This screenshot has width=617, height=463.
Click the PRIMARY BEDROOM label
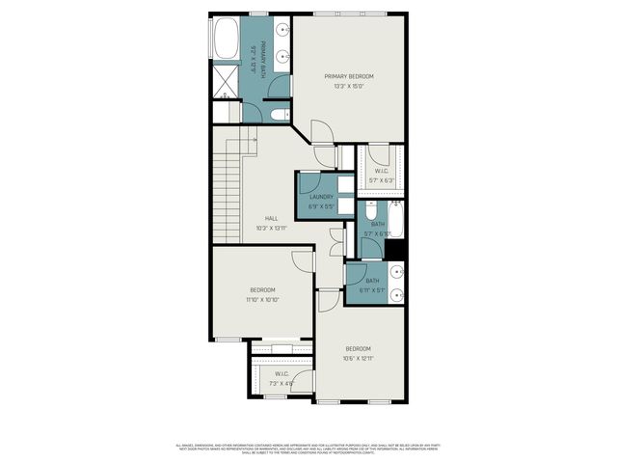[348, 76]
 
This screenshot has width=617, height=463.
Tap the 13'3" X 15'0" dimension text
[348, 86]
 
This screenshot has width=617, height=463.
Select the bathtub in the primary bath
[226, 41]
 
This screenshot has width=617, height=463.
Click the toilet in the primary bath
[279, 115]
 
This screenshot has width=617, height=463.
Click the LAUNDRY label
[321, 197]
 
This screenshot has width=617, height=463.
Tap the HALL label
[271, 218]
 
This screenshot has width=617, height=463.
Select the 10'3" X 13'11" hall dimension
[271, 228]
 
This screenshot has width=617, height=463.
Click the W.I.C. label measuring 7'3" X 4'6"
[282, 373]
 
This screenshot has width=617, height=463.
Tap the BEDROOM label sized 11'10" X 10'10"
[263, 290]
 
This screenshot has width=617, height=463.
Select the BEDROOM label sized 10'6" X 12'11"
[358, 348]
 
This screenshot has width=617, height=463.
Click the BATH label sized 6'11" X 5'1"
[372, 281]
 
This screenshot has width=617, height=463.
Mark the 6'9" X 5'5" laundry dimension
[321, 206]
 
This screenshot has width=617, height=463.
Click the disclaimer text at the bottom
[308, 449]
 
